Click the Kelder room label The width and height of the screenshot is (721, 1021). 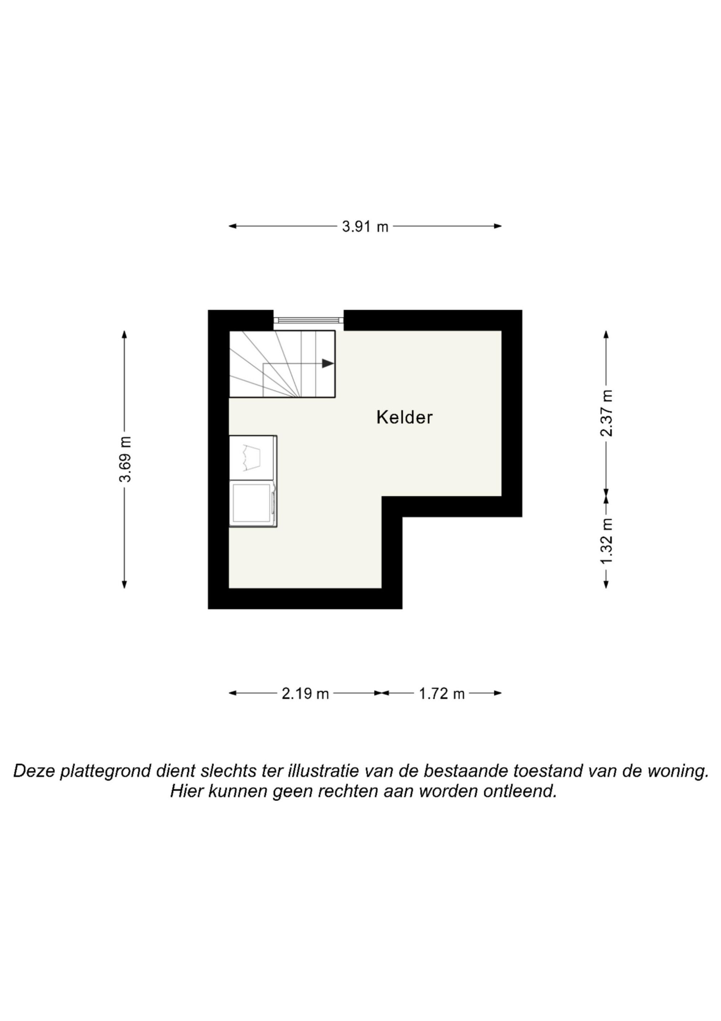[x=404, y=417]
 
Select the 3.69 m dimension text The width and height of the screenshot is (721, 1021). [x=125, y=459]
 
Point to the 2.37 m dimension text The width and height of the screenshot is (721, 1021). [x=606, y=413]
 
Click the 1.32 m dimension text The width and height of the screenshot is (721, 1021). [x=606, y=541]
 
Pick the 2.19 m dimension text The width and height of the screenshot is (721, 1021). [x=305, y=694]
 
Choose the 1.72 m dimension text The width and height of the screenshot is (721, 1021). [x=442, y=694]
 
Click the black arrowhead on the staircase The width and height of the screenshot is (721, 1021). [x=328, y=363]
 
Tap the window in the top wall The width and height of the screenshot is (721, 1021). [x=308, y=320]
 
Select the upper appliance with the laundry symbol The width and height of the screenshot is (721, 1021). [x=252, y=458]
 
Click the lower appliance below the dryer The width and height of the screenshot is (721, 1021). [x=252, y=504]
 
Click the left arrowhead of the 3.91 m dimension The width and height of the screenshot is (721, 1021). [x=232, y=226]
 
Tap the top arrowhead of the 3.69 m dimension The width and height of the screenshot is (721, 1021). [x=124, y=334]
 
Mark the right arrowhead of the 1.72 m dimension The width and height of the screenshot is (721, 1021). [x=498, y=693]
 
